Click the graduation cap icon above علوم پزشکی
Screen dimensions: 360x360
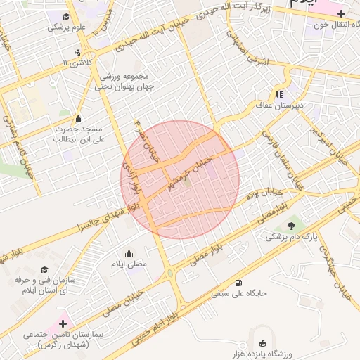coord(65,17)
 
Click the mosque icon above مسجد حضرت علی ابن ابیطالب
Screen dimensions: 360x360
coord(77,118)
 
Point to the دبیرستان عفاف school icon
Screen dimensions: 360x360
coord(279,94)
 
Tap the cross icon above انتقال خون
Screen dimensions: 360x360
coord(341,13)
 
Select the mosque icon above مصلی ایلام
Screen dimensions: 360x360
coord(129,254)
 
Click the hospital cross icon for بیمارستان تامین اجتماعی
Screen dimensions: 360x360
coord(64,323)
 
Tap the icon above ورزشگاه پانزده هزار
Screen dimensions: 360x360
coord(262,344)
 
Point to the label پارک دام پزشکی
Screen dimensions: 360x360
coord(285,238)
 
